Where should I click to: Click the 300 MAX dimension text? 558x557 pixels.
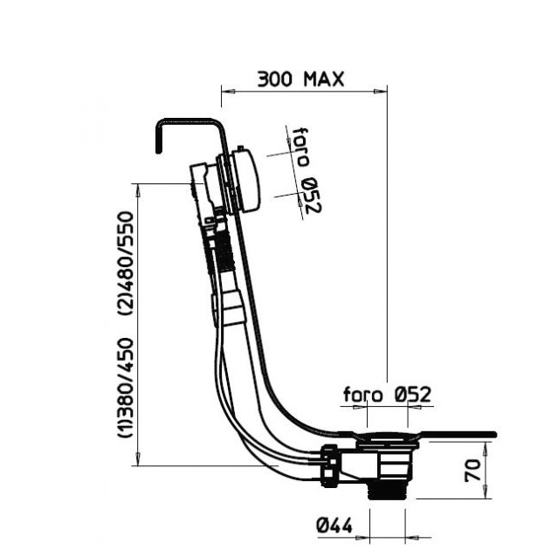(x=300, y=79)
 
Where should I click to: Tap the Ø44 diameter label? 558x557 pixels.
(x=334, y=525)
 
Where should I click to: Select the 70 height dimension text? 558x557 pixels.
(x=473, y=471)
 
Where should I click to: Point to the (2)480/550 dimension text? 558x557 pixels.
(x=126, y=263)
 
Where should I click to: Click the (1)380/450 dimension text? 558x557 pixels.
(x=126, y=388)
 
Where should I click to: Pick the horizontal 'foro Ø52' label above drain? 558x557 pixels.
(x=387, y=395)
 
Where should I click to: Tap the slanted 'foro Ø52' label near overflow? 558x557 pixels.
(x=306, y=170)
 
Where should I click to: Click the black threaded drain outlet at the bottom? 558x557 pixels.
(x=387, y=492)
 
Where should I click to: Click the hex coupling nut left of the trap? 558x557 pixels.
(x=330, y=466)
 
